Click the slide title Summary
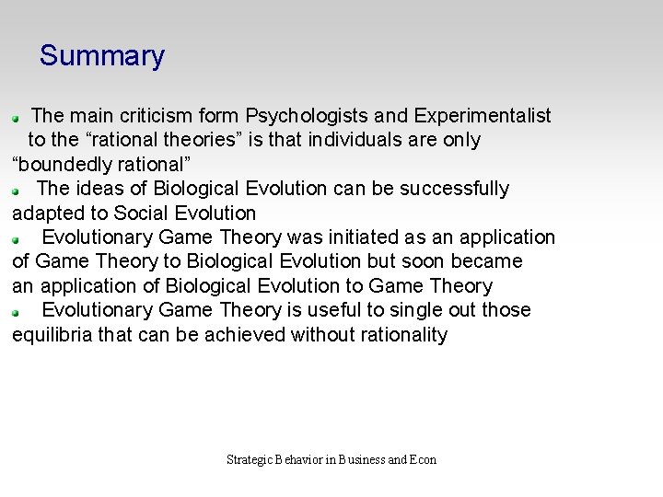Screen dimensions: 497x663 (x=101, y=56)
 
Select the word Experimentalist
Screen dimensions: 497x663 (x=483, y=116)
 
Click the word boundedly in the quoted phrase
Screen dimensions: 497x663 (x=64, y=165)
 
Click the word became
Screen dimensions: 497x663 (x=486, y=261)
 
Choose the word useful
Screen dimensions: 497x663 (x=332, y=310)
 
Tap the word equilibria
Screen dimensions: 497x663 (x=52, y=335)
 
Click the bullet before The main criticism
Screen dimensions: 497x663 (x=15, y=119)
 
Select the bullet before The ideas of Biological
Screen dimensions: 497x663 (x=15, y=191)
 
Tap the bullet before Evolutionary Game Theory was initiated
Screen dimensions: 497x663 (x=15, y=239)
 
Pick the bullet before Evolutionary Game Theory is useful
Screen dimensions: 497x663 (x=15, y=312)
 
